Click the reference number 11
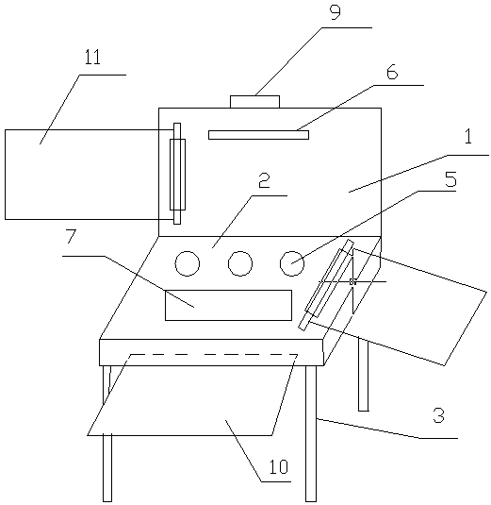[92, 58]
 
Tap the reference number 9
[336, 12]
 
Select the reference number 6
[392, 72]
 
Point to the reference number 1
[468, 136]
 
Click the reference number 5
[450, 179]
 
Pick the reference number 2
[264, 180]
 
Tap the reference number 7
[71, 236]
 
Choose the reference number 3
[438, 415]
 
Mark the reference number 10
[279, 466]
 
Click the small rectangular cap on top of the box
[254, 101]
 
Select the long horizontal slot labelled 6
[258, 135]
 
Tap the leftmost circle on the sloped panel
[188, 263]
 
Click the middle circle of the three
[240, 263]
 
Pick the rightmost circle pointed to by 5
[292, 263]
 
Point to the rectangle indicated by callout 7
[228, 305]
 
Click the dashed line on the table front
[214, 355]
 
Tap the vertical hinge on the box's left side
[177, 174]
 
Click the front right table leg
[311, 433]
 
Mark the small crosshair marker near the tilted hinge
[352, 281]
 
